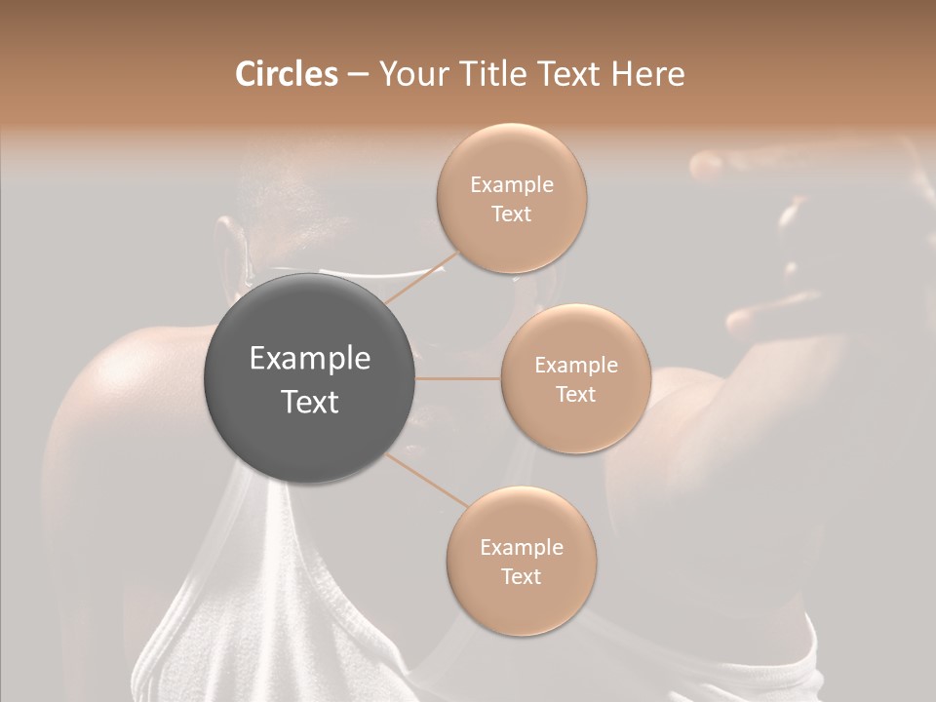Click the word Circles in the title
click(286, 74)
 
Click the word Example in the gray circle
click(310, 359)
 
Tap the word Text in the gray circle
click(310, 402)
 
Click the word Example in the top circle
click(511, 185)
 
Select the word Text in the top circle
click(511, 214)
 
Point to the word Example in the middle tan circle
click(575, 366)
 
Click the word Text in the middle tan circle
click(575, 394)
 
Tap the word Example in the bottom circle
click(521, 548)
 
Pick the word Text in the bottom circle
click(521, 576)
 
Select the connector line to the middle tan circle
click(458, 378)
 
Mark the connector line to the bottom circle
click(429, 480)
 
